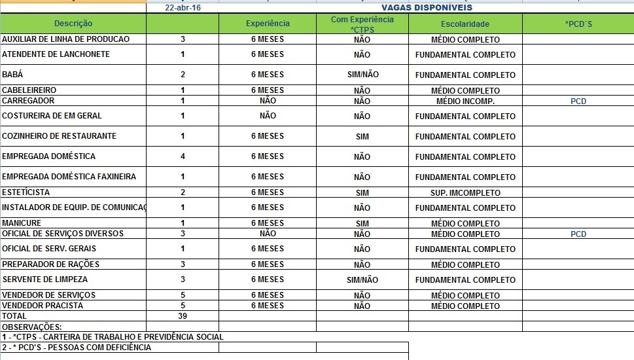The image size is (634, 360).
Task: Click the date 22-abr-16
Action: tap(183, 8)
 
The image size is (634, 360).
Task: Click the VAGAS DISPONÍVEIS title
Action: tap(427, 8)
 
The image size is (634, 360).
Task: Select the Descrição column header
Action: tap(73, 24)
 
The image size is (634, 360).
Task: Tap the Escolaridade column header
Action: tap(465, 24)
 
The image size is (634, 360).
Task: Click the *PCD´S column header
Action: tap(578, 24)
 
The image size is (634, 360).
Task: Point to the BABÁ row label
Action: tap(13, 75)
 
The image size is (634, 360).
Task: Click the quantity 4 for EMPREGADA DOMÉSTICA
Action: tap(183, 156)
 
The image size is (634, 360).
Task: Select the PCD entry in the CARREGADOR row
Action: tap(578, 101)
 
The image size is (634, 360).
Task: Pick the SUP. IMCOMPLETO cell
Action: tap(465, 193)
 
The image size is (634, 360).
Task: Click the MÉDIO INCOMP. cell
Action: tap(465, 101)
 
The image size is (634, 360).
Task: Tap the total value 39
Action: tap(183, 316)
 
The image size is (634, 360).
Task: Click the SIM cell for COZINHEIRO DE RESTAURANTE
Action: tap(362, 136)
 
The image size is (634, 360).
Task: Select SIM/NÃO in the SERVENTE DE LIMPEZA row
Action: tap(362, 279)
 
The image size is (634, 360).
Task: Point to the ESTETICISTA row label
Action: tap(26, 192)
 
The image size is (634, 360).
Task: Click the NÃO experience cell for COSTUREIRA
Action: tap(268, 116)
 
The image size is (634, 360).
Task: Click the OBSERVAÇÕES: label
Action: tap(32, 327)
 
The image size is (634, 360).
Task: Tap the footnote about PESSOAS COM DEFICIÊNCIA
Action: tap(77, 348)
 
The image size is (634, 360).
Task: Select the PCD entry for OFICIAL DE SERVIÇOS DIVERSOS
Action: tap(578, 234)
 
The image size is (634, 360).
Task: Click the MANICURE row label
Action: tap(22, 223)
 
